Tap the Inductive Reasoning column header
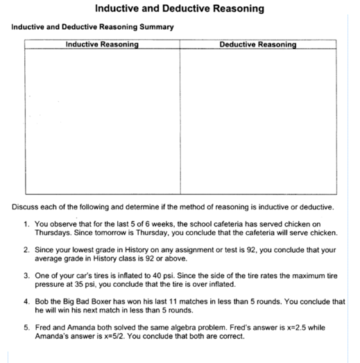(x=101, y=44)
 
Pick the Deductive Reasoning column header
(x=257, y=44)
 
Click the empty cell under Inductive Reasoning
(x=101, y=121)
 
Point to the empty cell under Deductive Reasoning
(x=257, y=121)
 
